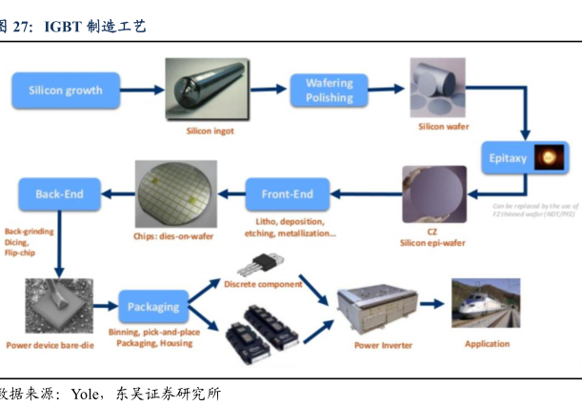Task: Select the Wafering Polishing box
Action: [329, 91]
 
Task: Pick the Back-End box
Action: [59, 194]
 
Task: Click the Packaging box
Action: [153, 307]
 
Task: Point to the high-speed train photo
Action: [486, 305]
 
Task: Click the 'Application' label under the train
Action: [487, 344]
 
